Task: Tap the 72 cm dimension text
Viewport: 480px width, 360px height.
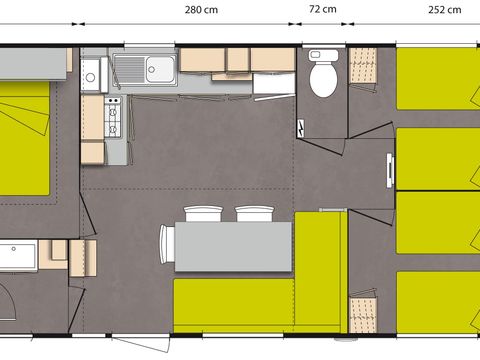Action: click(x=321, y=10)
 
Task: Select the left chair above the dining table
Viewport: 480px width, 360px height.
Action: click(x=203, y=214)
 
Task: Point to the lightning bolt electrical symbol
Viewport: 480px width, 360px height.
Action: click(x=302, y=131)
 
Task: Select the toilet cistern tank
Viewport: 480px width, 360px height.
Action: click(x=322, y=58)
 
